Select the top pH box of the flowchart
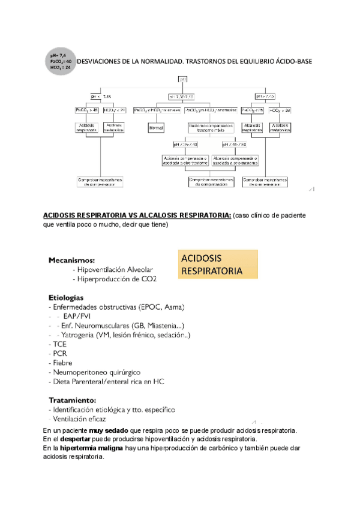(x=183, y=79)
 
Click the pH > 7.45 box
(x=265, y=96)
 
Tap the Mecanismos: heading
(x=71, y=261)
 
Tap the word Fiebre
(x=62, y=363)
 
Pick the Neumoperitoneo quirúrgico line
(x=98, y=372)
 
